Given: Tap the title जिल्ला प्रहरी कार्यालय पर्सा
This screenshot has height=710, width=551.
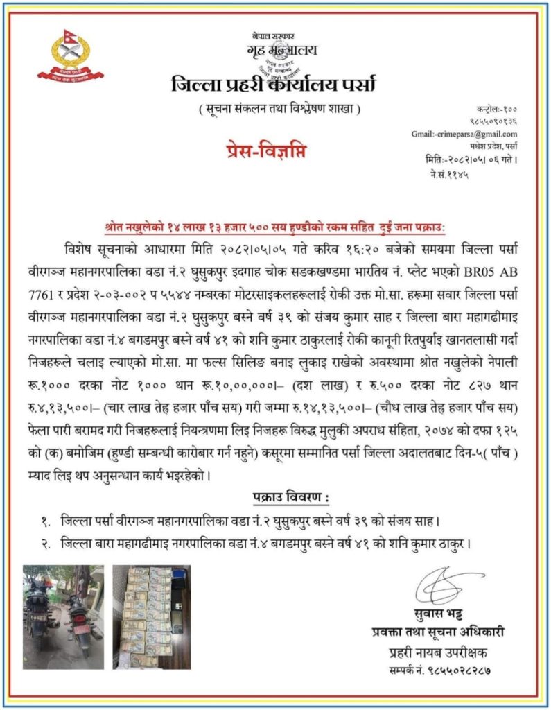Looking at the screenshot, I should click(274, 85).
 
